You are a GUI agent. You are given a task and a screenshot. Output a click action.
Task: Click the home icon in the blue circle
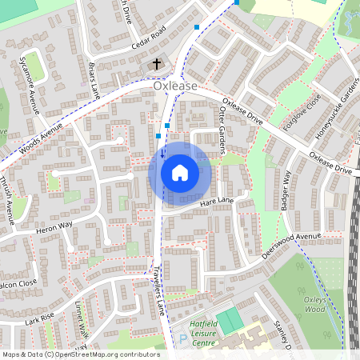pyautogui.click(x=180, y=172)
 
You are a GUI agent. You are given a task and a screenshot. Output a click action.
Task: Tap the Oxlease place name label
pyautogui.click(x=176, y=83)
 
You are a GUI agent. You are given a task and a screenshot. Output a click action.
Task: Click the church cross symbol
pyautogui.click(x=157, y=63)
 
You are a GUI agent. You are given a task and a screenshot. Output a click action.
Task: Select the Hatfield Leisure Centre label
pyautogui.click(x=192, y=332)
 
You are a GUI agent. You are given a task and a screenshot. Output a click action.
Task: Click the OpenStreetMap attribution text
pyautogui.click(x=80, y=354)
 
